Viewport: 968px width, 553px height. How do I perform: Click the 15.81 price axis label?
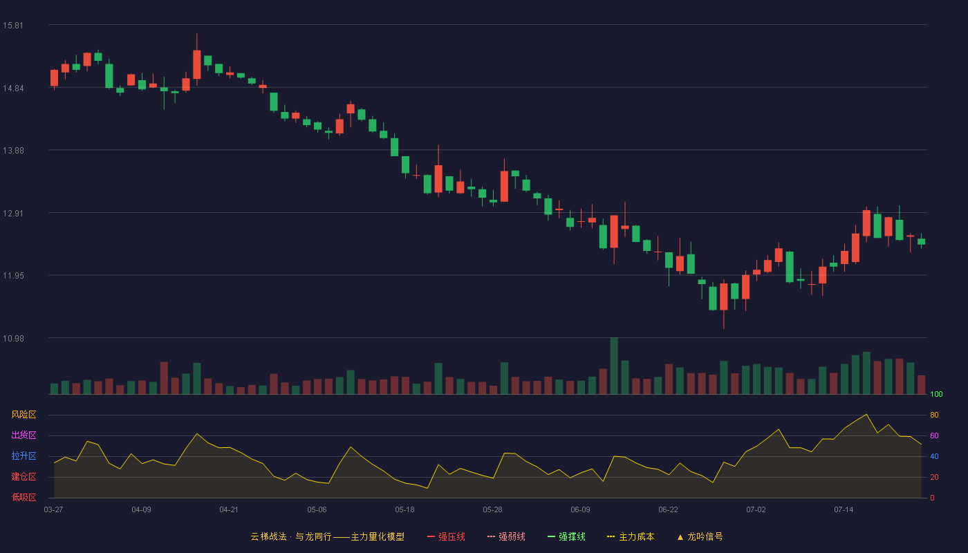tap(13, 26)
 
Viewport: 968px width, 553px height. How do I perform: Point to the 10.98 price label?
tap(13, 338)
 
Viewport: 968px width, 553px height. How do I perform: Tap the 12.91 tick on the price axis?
tap(13, 214)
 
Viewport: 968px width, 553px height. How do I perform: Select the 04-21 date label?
tap(229, 510)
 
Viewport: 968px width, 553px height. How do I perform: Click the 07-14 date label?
tap(844, 510)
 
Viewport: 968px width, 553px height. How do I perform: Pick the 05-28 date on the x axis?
tap(492, 510)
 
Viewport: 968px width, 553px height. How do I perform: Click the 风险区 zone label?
tap(24, 415)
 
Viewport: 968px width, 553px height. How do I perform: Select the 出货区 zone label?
tap(24, 435)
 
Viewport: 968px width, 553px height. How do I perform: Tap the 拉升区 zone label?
tap(24, 456)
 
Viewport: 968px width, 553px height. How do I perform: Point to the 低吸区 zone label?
tap(24, 497)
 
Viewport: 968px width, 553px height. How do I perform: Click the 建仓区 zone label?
tap(24, 476)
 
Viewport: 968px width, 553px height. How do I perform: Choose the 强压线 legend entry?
tap(446, 536)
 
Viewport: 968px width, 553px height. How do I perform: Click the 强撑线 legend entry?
tap(566, 536)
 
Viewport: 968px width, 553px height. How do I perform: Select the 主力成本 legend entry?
tap(631, 536)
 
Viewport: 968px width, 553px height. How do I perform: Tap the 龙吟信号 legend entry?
tap(700, 536)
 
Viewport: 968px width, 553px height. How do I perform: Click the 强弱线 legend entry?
tap(506, 536)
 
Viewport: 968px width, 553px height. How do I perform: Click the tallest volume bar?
tap(614, 366)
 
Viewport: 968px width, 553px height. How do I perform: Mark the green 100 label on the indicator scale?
tap(936, 394)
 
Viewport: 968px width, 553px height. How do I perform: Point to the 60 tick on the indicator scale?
tap(934, 435)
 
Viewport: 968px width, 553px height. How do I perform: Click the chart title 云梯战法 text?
tap(268, 536)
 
